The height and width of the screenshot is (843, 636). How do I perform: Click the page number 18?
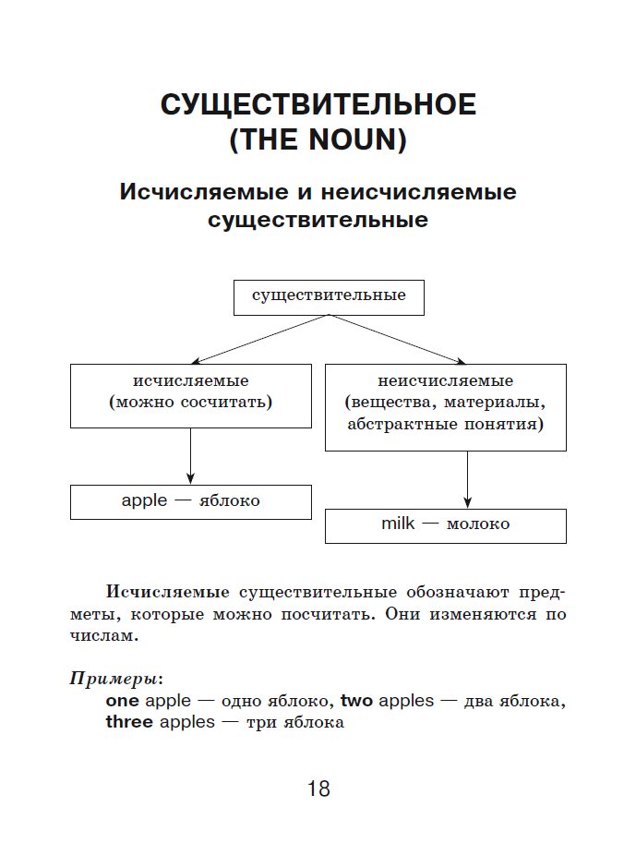click(x=318, y=789)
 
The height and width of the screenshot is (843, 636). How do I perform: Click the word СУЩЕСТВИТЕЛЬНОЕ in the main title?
click(x=318, y=104)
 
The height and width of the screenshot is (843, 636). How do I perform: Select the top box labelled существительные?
click(x=329, y=296)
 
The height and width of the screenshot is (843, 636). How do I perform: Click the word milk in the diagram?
click(x=399, y=524)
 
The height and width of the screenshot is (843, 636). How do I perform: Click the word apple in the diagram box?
click(x=144, y=500)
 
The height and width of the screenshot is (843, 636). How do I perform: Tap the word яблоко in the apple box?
click(x=230, y=501)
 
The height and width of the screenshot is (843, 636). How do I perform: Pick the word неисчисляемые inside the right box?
click(x=446, y=380)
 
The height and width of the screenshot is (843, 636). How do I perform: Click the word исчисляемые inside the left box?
click(x=190, y=380)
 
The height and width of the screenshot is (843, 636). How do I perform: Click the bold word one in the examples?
click(x=123, y=701)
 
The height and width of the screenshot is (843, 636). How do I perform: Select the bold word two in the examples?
click(x=356, y=701)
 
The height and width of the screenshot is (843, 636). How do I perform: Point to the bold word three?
click(x=129, y=722)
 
